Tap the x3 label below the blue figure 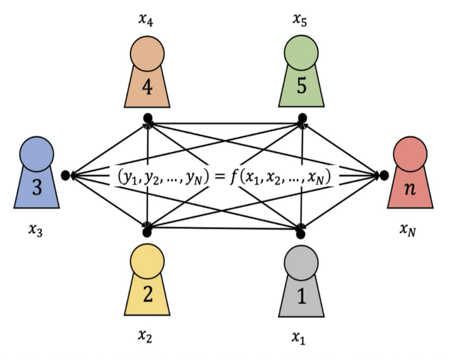tap(36, 232)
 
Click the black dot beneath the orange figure tap(147, 117)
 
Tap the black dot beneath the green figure tap(302, 117)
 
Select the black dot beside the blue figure tap(66, 176)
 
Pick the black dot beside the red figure tap(384, 176)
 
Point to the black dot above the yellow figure tap(147, 232)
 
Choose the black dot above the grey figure tap(301, 233)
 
